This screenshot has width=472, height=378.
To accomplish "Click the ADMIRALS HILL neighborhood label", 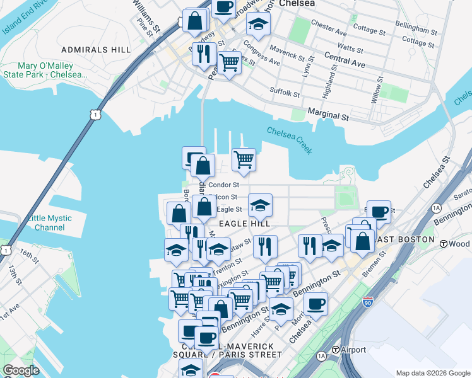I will pyautogui.click(x=97, y=49).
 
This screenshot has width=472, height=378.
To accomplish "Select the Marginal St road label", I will pyautogui.click(x=328, y=116).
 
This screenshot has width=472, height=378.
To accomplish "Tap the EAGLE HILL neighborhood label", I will pyautogui.click(x=244, y=224).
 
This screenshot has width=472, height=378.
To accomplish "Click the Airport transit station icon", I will pyautogui.click(x=337, y=350).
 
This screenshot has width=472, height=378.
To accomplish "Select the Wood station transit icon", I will pyautogui.click(x=444, y=244).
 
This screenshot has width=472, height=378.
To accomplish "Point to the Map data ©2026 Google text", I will pyautogui.click(x=432, y=373).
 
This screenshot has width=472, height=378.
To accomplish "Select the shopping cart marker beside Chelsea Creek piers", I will pyautogui.click(x=244, y=159).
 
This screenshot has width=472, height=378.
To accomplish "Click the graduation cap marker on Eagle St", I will pyautogui.click(x=260, y=204).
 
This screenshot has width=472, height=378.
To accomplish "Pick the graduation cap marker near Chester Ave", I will pyautogui.click(x=258, y=24).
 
